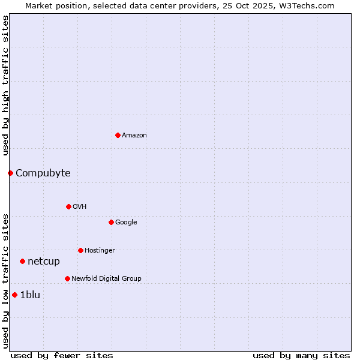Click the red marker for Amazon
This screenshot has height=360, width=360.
coord(118,135)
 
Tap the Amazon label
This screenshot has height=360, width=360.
coord(134,136)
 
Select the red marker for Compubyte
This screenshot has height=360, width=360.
coord(10,173)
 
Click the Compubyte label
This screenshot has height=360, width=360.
coord(43,173)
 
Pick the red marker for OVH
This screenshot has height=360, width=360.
coord(68,206)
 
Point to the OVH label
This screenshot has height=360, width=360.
coord(80,207)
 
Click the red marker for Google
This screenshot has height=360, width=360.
coord(111,222)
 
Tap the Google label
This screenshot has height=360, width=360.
coord(126,223)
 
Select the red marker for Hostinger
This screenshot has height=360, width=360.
coord(80,250)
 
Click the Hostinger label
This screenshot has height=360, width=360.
coord(100,251)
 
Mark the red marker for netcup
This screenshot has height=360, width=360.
coord(22,261)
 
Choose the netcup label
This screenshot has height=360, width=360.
coord(44,262)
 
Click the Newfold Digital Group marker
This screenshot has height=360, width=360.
coord(67,278)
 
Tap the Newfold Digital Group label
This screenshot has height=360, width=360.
coord(106,279)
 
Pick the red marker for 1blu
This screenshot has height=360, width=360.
coord(14,295)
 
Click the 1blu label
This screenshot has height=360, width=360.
coord(30,295)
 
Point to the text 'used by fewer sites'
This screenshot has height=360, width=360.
coord(62,355)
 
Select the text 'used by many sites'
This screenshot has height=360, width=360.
coord(301,355)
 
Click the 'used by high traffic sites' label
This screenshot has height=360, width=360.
coord(6,85)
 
